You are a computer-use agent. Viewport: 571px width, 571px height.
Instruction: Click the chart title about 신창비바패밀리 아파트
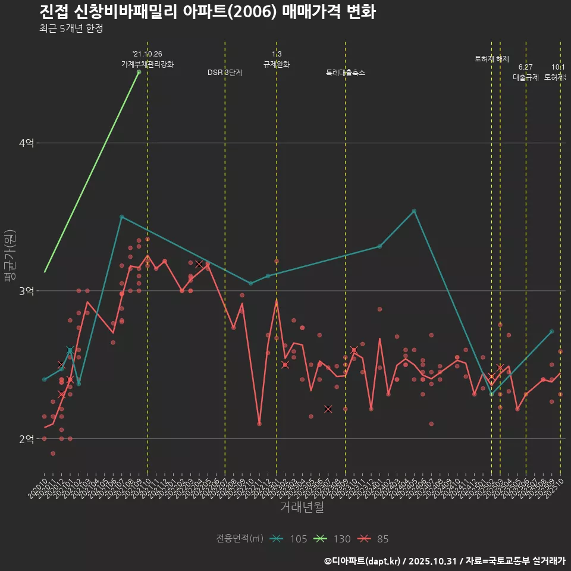click(x=208, y=12)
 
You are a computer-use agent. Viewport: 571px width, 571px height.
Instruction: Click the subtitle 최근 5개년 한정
click(x=71, y=29)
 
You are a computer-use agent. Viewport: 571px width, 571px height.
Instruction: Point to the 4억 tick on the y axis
click(x=26, y=143)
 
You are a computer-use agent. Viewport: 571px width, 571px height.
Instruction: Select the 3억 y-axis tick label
click(x=26, y=291)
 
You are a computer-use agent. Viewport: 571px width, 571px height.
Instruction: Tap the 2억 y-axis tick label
click(x=26, y=439)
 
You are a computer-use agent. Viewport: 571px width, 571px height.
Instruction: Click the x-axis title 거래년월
click(x=302, y=507)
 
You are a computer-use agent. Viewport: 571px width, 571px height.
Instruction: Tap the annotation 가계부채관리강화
click(x=148, y=64)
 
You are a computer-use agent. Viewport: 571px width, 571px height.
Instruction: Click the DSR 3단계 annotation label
click(x=225, y=73)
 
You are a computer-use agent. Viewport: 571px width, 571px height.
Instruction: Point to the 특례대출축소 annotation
click(x=346, y=73)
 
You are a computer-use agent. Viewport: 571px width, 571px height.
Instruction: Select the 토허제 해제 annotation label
click(x=492, y=59)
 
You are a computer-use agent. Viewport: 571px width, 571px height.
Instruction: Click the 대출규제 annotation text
click(x=526, y=77)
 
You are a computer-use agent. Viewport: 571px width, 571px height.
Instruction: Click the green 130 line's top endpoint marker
click(x=139, y=72)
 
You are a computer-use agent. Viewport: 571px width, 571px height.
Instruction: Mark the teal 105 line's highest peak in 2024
click(x=414, y=211)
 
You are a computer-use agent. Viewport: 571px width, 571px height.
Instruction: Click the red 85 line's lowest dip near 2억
click(x=259, y=423)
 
